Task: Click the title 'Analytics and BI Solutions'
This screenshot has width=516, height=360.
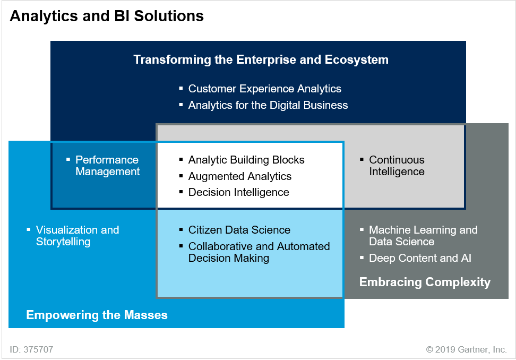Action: [107, 16]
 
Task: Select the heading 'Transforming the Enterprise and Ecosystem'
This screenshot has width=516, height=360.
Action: [261, 60]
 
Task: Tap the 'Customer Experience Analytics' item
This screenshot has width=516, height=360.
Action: [264, 89]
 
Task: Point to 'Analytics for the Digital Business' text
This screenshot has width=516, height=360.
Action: [268, 105]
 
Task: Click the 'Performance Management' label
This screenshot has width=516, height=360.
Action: [108, 166]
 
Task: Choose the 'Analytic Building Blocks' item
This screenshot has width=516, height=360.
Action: [246, 160]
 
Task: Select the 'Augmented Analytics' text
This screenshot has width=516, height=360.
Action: [239, 176]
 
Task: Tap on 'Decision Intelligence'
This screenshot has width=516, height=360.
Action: [238, 192]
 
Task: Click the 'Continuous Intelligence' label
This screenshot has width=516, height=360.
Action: [397, 166]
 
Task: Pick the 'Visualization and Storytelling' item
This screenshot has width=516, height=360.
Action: [78, 236]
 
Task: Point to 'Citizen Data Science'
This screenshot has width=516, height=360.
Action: [239, 230]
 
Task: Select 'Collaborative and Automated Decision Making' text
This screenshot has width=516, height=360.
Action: [259, 252]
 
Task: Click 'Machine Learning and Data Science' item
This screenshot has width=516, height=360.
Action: [423, 236]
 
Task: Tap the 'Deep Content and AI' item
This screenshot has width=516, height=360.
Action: [420, 258]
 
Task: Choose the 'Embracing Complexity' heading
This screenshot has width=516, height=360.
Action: [425, 282]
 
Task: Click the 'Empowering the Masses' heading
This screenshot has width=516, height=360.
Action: [97, 315]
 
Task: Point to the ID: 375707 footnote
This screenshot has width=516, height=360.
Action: [32, 349]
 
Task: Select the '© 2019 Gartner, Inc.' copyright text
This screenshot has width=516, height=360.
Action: [466, 349]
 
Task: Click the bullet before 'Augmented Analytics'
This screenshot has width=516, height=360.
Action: [181, 176]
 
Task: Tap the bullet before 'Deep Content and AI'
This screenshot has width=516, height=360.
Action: [362, 258]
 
